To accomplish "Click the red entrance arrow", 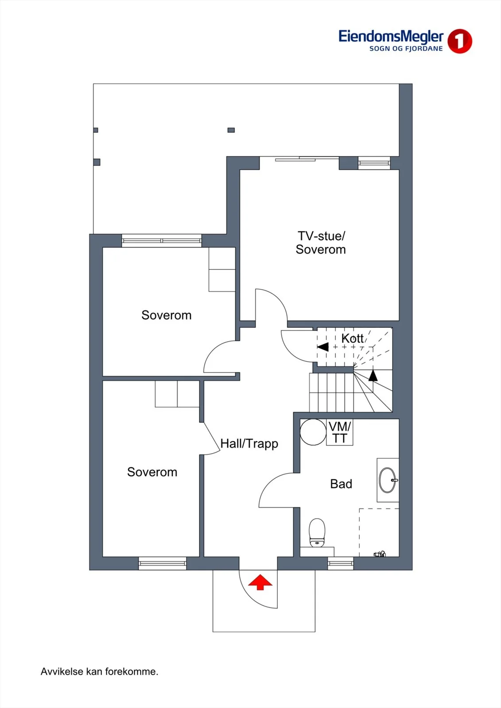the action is (260, 582).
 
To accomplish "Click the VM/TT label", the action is (340, 432).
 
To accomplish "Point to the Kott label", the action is (352, 339).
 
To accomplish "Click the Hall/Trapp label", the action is (249, 444).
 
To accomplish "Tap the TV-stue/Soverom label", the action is (321, 243).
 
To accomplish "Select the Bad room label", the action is (341, 484).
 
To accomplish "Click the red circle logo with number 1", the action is (459, 41).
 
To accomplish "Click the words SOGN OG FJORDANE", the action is (406, 49).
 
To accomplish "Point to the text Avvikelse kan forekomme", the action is (99, 672).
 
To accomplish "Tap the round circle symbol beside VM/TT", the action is (313, 432).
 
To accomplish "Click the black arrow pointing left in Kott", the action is (323, 347).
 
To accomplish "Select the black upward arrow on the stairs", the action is (373, 375).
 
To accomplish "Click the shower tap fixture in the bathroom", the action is (380, 554).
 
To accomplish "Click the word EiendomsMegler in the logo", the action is (391, 37).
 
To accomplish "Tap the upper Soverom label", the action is (167, 315).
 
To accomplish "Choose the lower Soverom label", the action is (152, 472).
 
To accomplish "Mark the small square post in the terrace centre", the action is (231, 130).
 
